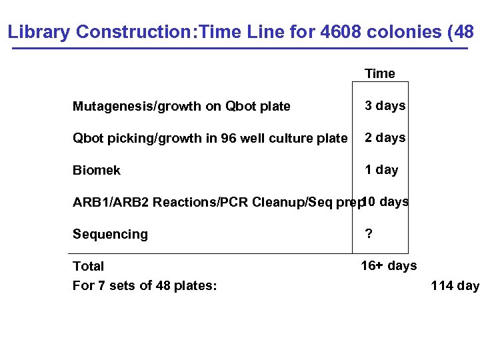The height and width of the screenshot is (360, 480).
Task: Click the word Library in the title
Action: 39,31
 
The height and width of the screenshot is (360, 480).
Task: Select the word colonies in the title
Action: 409,31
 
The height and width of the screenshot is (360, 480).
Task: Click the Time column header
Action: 379,73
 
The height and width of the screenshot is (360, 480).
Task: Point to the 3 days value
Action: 385,105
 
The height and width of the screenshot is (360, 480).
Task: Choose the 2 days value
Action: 385,137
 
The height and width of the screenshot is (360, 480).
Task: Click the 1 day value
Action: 381,169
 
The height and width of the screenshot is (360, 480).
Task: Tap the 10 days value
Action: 386,201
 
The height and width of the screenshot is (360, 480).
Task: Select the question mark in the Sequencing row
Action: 368,233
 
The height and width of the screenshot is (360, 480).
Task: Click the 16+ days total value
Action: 389,265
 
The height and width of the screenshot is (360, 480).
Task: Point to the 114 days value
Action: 455,285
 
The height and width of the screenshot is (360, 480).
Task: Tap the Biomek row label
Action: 97,170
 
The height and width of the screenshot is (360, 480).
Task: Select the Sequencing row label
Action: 110,234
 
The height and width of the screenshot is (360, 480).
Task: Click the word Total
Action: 88,266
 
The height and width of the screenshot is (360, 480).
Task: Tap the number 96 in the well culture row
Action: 229,138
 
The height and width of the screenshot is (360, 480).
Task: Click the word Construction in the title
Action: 131,31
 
